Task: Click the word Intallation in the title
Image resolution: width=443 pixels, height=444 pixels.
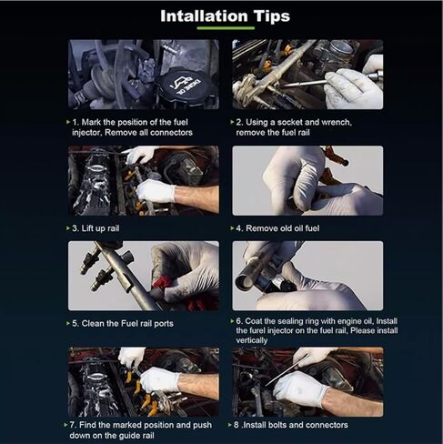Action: coord(204,16)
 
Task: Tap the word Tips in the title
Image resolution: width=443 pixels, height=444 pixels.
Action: coord(272,17)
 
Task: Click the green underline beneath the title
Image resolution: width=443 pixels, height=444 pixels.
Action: coord(226,28)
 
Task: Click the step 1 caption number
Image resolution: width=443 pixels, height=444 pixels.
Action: coord(76,122)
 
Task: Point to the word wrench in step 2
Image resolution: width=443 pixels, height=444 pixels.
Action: coord(337,122)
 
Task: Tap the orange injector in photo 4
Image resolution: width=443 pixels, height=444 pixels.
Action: coord(336,157)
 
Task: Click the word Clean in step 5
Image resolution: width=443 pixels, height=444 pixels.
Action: coord(93,324)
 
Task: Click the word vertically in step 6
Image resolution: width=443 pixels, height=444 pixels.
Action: coord(252,340)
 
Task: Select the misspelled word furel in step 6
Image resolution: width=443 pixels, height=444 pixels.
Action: coord(257,330)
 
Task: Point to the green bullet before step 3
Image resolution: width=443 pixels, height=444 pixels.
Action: coord(68,228)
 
